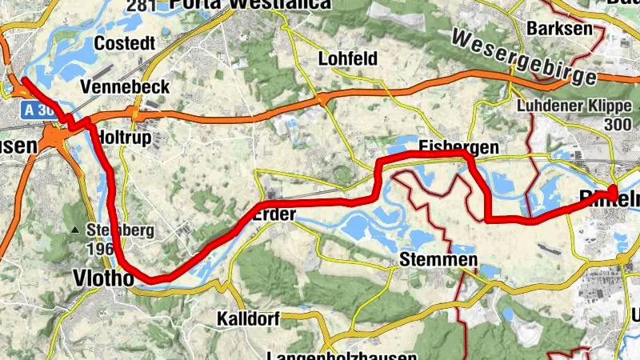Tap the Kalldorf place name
248,319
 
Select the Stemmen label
440,260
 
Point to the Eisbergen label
458,147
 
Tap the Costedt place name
122,42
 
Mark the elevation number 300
619,125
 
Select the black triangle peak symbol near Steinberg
75,230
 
